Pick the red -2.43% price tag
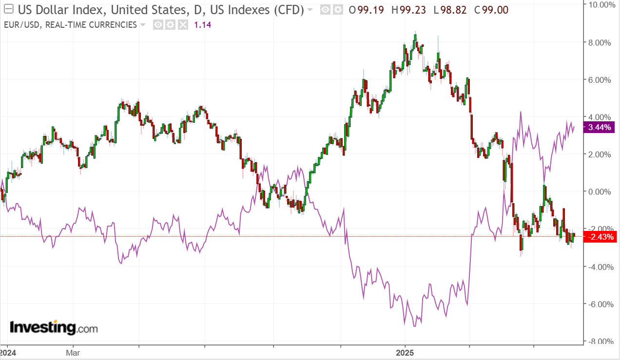[601, 237]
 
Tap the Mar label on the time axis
[73, 352]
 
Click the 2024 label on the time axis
[8, 352]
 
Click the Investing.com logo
[54, 327]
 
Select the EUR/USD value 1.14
[203, 25]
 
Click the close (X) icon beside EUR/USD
[183, 25]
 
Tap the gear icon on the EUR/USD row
[170, 25]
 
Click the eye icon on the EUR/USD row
[158, 25]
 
